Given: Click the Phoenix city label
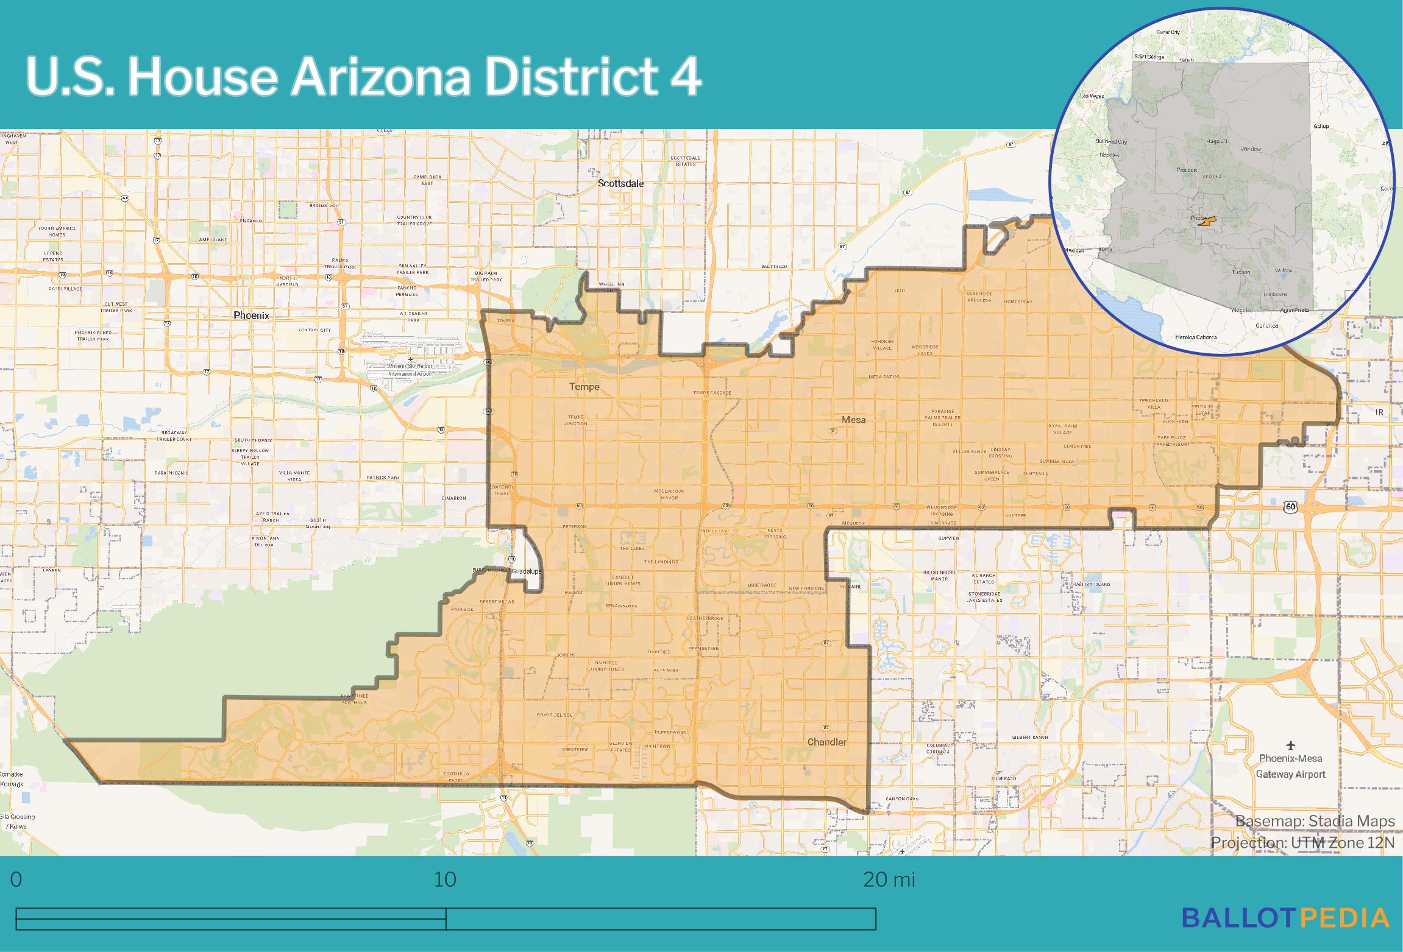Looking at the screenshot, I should coord(251,316).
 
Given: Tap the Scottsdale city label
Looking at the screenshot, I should coord(620,183).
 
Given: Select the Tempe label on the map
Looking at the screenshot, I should coord(584,386).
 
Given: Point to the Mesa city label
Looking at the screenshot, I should coord(853,419).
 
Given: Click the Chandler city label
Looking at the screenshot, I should coord(826,742).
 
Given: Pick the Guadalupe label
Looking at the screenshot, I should coord(527,572).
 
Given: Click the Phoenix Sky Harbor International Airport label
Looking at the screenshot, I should coord(411,369).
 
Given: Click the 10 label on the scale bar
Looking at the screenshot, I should coord(445,880).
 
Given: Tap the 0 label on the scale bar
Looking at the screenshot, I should coord(16,880).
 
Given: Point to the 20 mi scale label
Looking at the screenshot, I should coord(889,880).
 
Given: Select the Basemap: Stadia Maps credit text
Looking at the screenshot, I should coord(1315,821).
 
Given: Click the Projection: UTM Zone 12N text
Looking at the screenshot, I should coord(1302,842).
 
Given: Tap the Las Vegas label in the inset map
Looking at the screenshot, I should coord(1092,96).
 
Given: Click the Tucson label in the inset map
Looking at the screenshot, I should coord(1241,272).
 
